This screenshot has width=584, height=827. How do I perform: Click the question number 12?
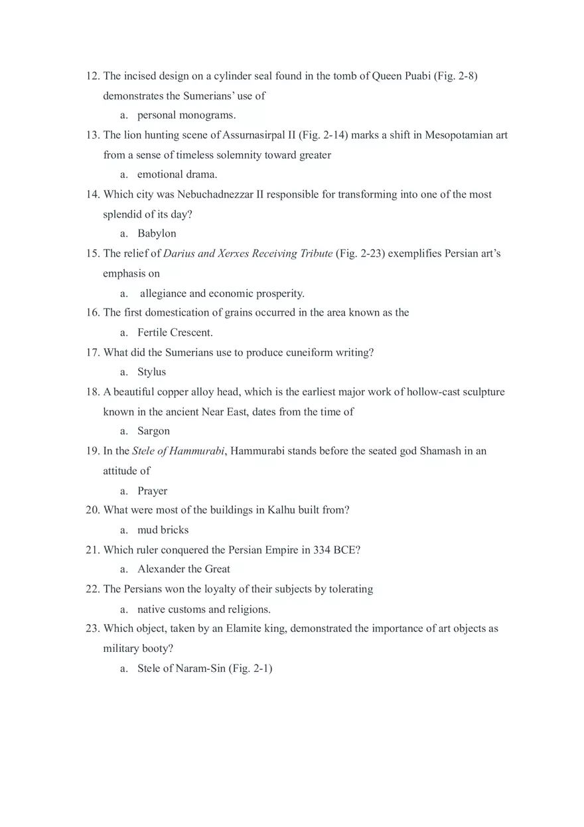pyautogui.click(x=92, y=76)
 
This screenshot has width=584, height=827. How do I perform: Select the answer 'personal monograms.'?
pyautogui.click(x=186, y=115)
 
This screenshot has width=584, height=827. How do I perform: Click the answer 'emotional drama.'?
pyautogui.click(x=177, y=174)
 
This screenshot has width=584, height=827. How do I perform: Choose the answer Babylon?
pyautogui.click(x=157, y=233)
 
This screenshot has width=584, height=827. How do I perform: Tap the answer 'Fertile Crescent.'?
pyautogui.click(x=175, y=332)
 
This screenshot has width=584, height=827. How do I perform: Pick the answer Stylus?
pyautogui.click(x=151, y=372)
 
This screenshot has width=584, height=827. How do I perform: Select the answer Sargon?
pyautogui.click(x=153, y=431)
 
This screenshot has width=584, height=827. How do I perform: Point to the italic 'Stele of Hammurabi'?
pyautogui.click(x=179, y=451)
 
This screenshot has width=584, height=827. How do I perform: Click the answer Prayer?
pyautogui.click(x=152, y=491)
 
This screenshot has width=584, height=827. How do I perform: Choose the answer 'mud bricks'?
pyautogui.click(x=163, y=530)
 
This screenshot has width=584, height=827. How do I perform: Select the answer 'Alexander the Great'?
pyautogui.click(x=184, y=569)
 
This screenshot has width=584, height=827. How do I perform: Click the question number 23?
pyautogui.click(x=92, y=629)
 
